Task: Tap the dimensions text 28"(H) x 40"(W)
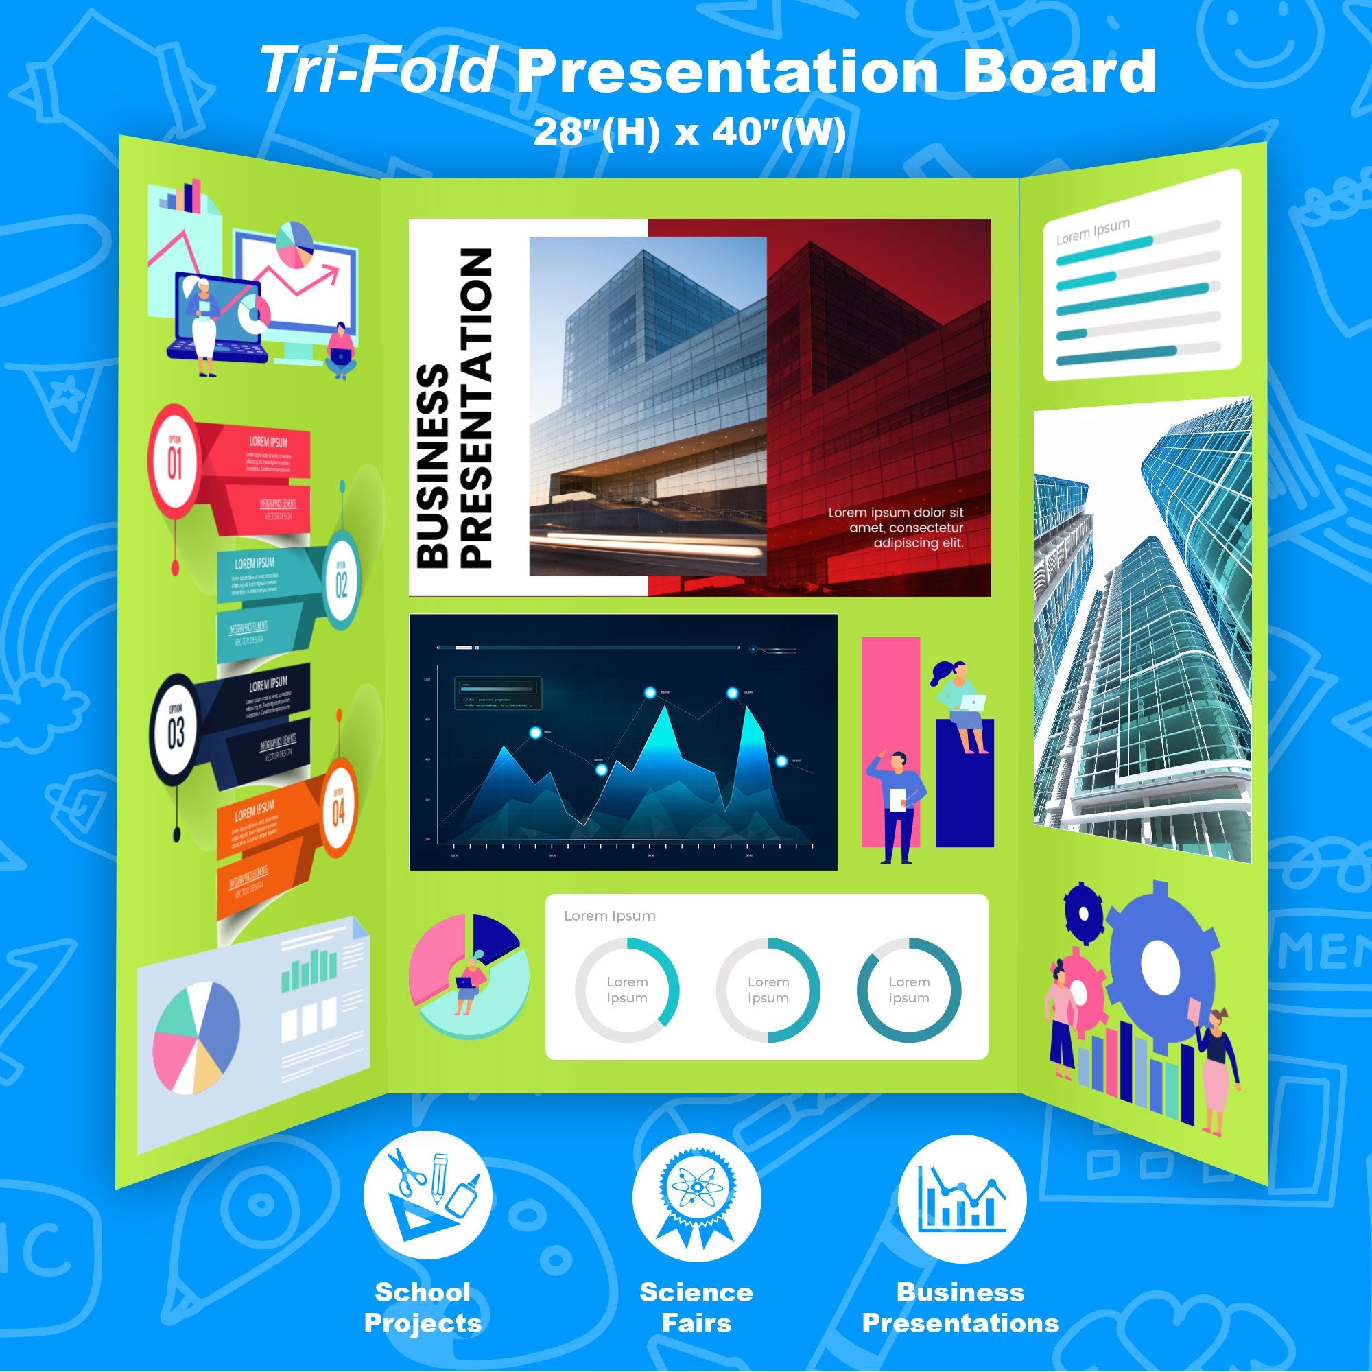coord(689,132)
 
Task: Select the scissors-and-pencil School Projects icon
coord(427,1195)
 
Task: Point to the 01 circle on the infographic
coord(174,462)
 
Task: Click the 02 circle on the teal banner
coord(342,585)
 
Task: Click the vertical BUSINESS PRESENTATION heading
coord(455,408)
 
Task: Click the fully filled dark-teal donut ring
coord(908,990)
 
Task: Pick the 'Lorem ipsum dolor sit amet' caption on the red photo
coord(896,528)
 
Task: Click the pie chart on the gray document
coord(197,1037)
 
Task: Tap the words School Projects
coord(423,1308)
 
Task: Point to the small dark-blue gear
coord(1083,912)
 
